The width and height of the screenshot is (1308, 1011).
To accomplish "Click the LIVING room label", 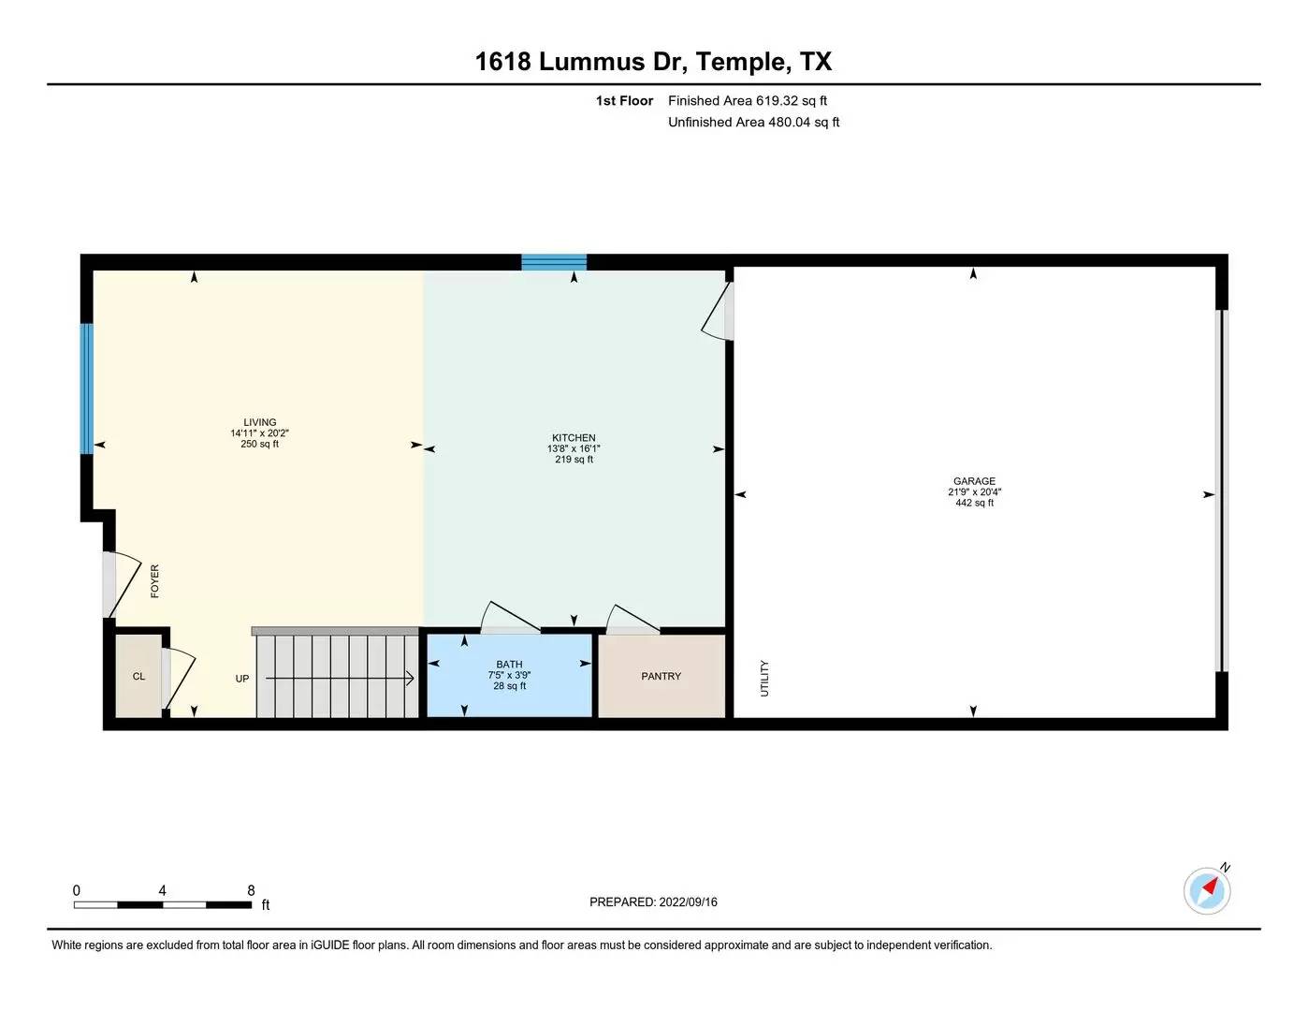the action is [x=259, y=422].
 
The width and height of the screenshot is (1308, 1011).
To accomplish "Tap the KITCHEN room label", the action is [x=574, y=438].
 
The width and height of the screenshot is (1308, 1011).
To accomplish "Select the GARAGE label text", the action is [x=974, y=481].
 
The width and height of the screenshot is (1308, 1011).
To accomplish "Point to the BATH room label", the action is [x=509, y=664].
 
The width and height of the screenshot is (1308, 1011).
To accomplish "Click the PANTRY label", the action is [x=661, y=676].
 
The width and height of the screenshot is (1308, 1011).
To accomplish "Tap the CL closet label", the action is [x=138, y=676].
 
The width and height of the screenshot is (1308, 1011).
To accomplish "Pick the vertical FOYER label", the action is [x=154, y=581].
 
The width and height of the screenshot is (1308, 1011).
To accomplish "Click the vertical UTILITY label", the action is [x=764, y=679].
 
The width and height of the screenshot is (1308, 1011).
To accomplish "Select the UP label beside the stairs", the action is [x=242, y=679].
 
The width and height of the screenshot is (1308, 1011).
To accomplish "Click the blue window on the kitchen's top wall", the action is [x=554, y=262].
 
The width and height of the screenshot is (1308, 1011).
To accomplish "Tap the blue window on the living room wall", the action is [x=87, y=388].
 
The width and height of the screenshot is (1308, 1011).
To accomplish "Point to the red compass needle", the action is [x=1210, y=886].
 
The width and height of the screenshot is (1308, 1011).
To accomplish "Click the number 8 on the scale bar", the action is [x=251, y=890].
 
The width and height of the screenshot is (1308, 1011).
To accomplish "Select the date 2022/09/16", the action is [x=688, y=902].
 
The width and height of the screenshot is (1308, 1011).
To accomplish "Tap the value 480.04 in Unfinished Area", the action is [x=789, y=123].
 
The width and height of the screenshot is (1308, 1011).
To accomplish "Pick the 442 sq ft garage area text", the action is [x=974, y=503].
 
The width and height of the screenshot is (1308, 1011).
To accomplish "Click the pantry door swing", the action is [x=632, y=619].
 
